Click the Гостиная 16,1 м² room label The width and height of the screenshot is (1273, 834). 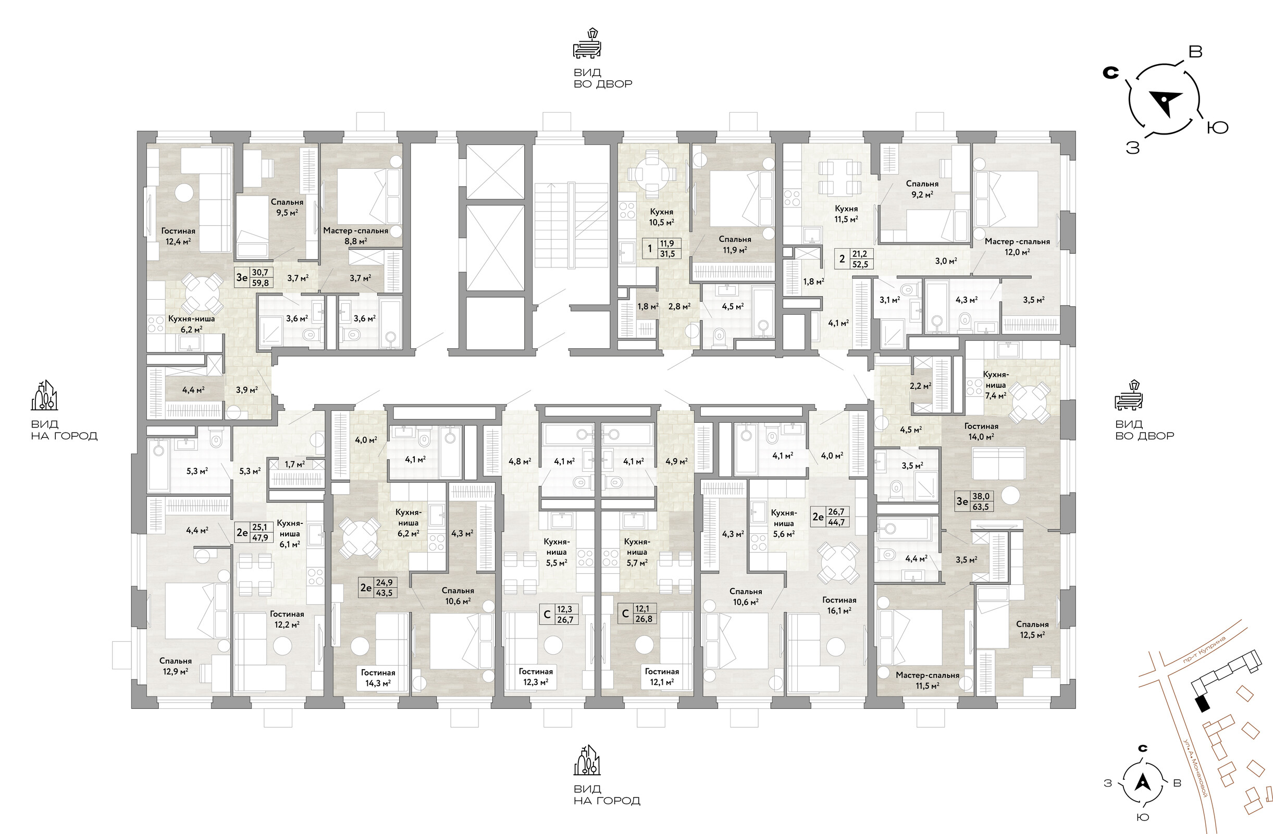839,605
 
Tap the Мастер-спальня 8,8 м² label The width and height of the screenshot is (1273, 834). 356,236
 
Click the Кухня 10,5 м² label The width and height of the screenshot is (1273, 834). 662,217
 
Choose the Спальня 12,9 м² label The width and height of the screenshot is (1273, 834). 176,666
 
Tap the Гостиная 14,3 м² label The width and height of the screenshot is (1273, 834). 378,678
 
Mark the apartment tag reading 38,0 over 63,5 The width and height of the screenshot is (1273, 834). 974,501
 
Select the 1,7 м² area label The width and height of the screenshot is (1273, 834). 295,464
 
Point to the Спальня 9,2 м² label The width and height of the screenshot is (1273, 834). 922,189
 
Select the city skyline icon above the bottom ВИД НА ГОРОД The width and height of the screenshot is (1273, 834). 587,760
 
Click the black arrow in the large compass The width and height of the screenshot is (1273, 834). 1166,102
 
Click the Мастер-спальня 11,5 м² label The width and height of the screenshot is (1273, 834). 928,680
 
